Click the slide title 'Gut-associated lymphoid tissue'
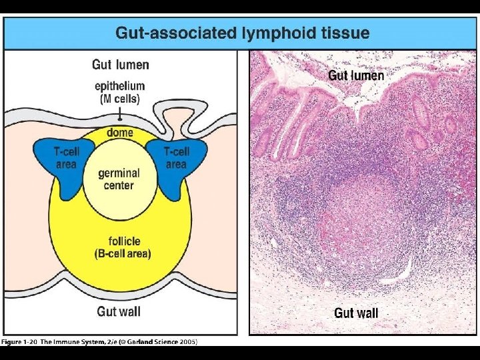tap(242, 33)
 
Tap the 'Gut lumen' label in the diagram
tap(120, 65)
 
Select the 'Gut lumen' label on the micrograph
tap(356, 75)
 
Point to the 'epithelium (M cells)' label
tap(120, 93)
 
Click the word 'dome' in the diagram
tap(120, 133)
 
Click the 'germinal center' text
tap(120, 179)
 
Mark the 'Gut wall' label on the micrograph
tap(356, 313)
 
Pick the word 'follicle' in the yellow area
tap(124, 241)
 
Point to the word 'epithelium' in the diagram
tap(120, 86)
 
